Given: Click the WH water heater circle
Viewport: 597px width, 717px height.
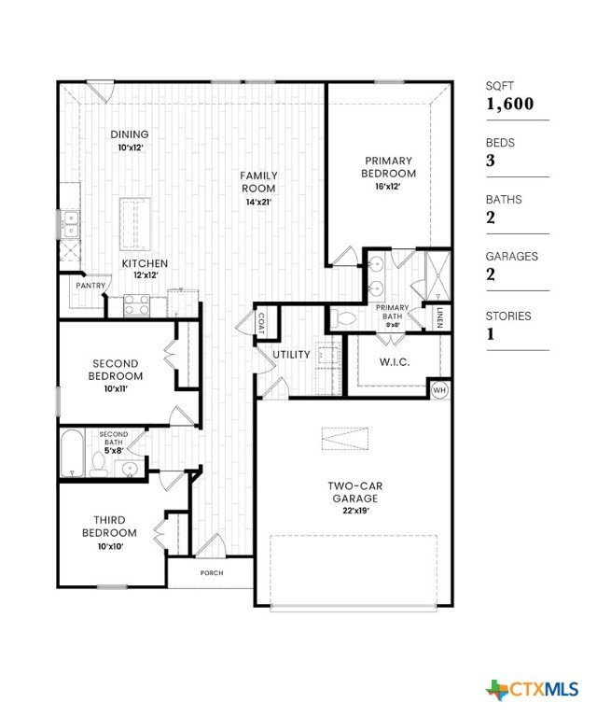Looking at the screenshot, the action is [x=439, y=390].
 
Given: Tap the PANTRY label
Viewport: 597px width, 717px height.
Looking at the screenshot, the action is [x=90, y=286].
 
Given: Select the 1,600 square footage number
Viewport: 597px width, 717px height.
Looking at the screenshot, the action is [x=509, y=104].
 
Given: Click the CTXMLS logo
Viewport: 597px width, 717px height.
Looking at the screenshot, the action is [x=532, y=689].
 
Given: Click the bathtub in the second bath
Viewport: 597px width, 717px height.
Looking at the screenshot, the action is [x=72, y=453].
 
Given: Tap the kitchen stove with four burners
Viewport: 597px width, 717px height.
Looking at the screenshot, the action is [x=137, y=305].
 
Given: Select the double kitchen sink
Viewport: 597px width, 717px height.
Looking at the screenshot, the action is [x=71, y=224].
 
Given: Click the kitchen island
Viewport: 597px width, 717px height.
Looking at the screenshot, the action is [x=135, y=224].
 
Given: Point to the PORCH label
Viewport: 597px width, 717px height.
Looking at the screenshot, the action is [x=212, y=572].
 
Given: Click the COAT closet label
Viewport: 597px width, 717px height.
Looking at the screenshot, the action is [x=261, y=323].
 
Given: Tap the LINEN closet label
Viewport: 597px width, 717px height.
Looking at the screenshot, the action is [x=439, y=317].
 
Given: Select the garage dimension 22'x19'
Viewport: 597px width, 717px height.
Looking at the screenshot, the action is [x=355, y=511].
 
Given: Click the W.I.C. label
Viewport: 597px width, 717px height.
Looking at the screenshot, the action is [x=395, y=362].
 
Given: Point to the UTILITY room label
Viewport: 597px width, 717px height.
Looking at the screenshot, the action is [x=291, y=355].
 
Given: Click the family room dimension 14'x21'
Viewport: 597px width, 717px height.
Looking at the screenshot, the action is [x=258, y=202].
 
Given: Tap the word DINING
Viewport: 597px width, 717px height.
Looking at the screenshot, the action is [x=130, y=134].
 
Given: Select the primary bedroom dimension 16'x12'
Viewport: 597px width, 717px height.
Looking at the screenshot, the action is [x=388, y=186].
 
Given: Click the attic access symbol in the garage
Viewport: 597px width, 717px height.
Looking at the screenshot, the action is [x=345, y=439].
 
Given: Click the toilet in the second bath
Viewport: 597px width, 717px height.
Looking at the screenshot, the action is [x=97, y=464].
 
